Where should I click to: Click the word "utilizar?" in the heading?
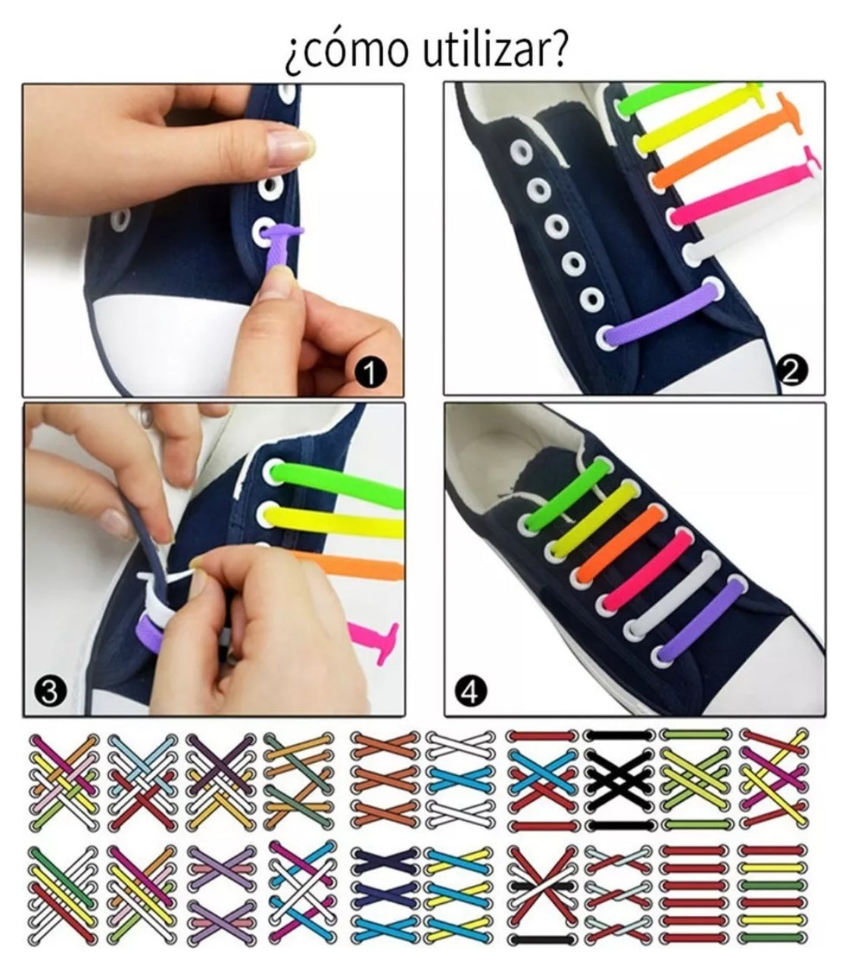pos(494,50)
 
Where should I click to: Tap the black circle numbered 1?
pos(371,372)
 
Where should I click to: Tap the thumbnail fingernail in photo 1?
pos(288,143)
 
